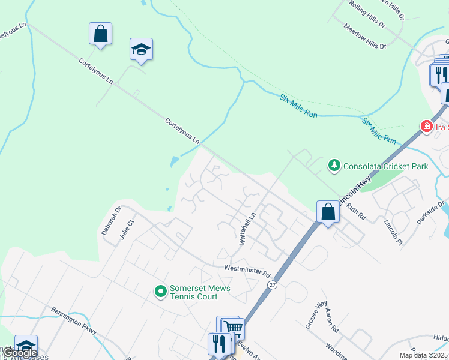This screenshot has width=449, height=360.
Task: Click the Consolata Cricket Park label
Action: [385, 166]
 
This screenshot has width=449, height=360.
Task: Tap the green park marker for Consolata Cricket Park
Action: [334, 165]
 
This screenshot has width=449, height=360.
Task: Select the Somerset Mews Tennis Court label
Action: [200, 292]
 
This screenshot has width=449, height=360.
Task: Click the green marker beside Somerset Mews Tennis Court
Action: [161, 292]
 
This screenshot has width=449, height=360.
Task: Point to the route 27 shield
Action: [273, 284]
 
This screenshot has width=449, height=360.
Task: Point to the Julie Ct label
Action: [125, 230]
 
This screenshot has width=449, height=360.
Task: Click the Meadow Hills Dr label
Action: [364, 36]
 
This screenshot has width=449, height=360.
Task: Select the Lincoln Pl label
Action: [394, 230]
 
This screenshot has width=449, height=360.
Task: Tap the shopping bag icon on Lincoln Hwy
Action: [328, 212]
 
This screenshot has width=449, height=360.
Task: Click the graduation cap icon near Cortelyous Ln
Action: [142, 49]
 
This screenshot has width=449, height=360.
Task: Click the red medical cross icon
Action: [426, 127]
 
